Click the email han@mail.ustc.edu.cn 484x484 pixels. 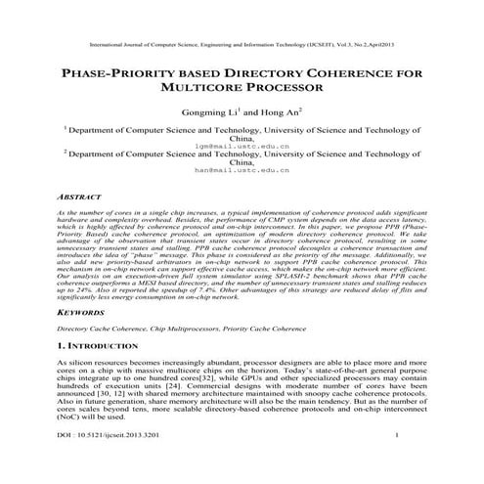point(242,169)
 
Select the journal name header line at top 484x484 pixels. point(242,45)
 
